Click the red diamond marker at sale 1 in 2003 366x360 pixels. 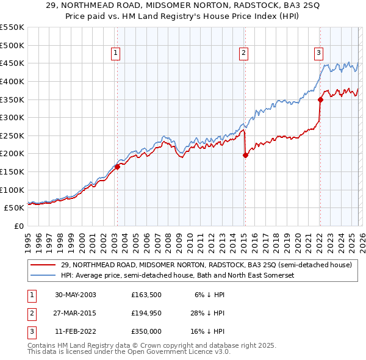coord(117,167)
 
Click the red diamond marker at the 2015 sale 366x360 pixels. coord(245,156)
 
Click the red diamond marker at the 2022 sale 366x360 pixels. coord(320,99)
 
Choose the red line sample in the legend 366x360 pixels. coord(43,265)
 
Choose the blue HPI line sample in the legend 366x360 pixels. coord(43,276)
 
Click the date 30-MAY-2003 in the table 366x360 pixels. coord(76,294)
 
